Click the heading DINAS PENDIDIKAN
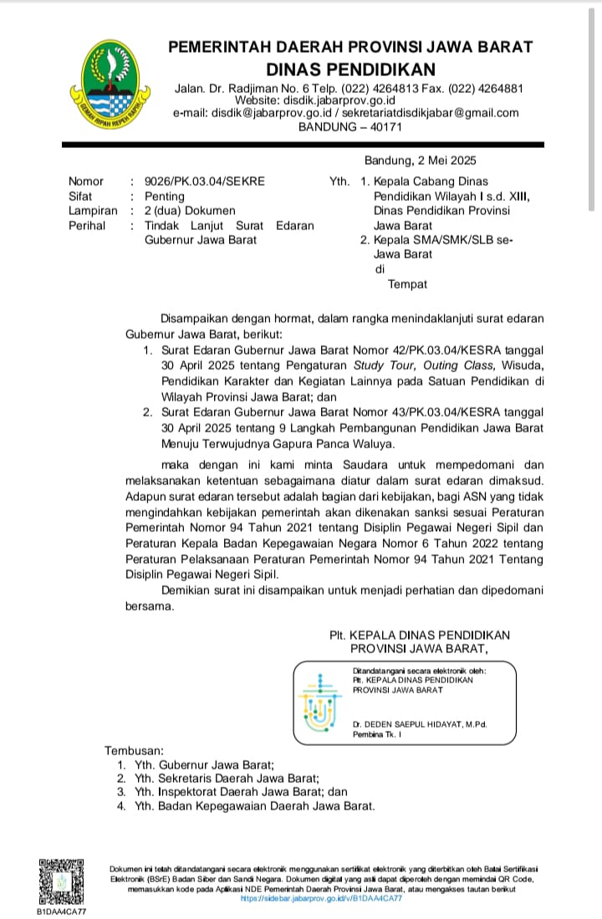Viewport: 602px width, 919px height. tap(350, 69)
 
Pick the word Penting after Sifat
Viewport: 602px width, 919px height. tap(165, 196)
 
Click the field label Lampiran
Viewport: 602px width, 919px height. tap(93, 210)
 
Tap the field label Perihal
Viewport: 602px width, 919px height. tap(87, 225)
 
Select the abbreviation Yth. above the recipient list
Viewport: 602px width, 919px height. tap(340, 181)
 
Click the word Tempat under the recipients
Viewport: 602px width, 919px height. tap(407, 284)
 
